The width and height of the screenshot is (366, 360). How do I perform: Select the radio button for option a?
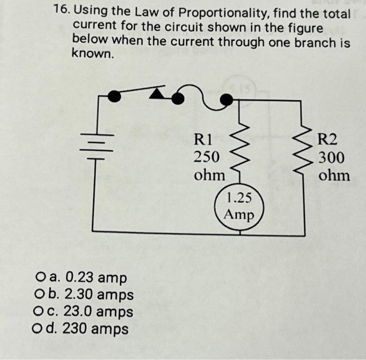41,277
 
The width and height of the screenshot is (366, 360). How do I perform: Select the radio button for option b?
41,295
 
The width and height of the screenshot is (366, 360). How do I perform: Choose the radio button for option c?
41,312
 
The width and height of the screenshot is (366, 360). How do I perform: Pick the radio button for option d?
41,329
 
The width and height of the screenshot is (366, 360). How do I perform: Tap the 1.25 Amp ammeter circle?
239,206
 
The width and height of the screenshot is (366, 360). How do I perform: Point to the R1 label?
203,139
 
